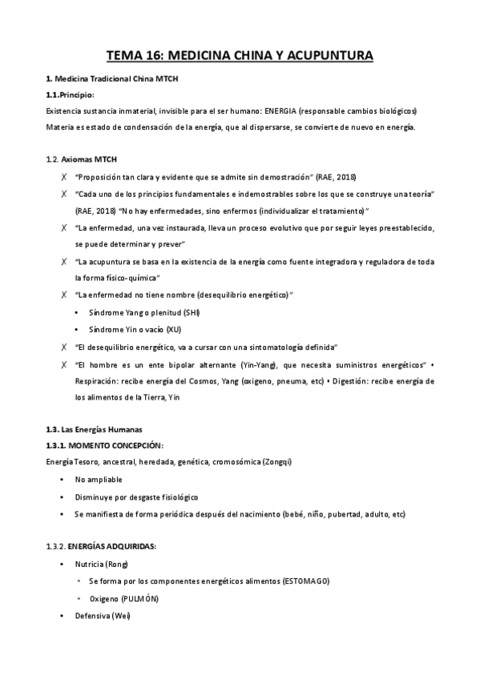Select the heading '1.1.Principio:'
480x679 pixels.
pos(71,95)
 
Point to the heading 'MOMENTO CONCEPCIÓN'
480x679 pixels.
pos(116,444)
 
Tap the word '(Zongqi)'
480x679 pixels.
pos(253,461)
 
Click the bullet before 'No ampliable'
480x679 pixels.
pos(62,480)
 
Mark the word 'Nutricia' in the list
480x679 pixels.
pos(91,564)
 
